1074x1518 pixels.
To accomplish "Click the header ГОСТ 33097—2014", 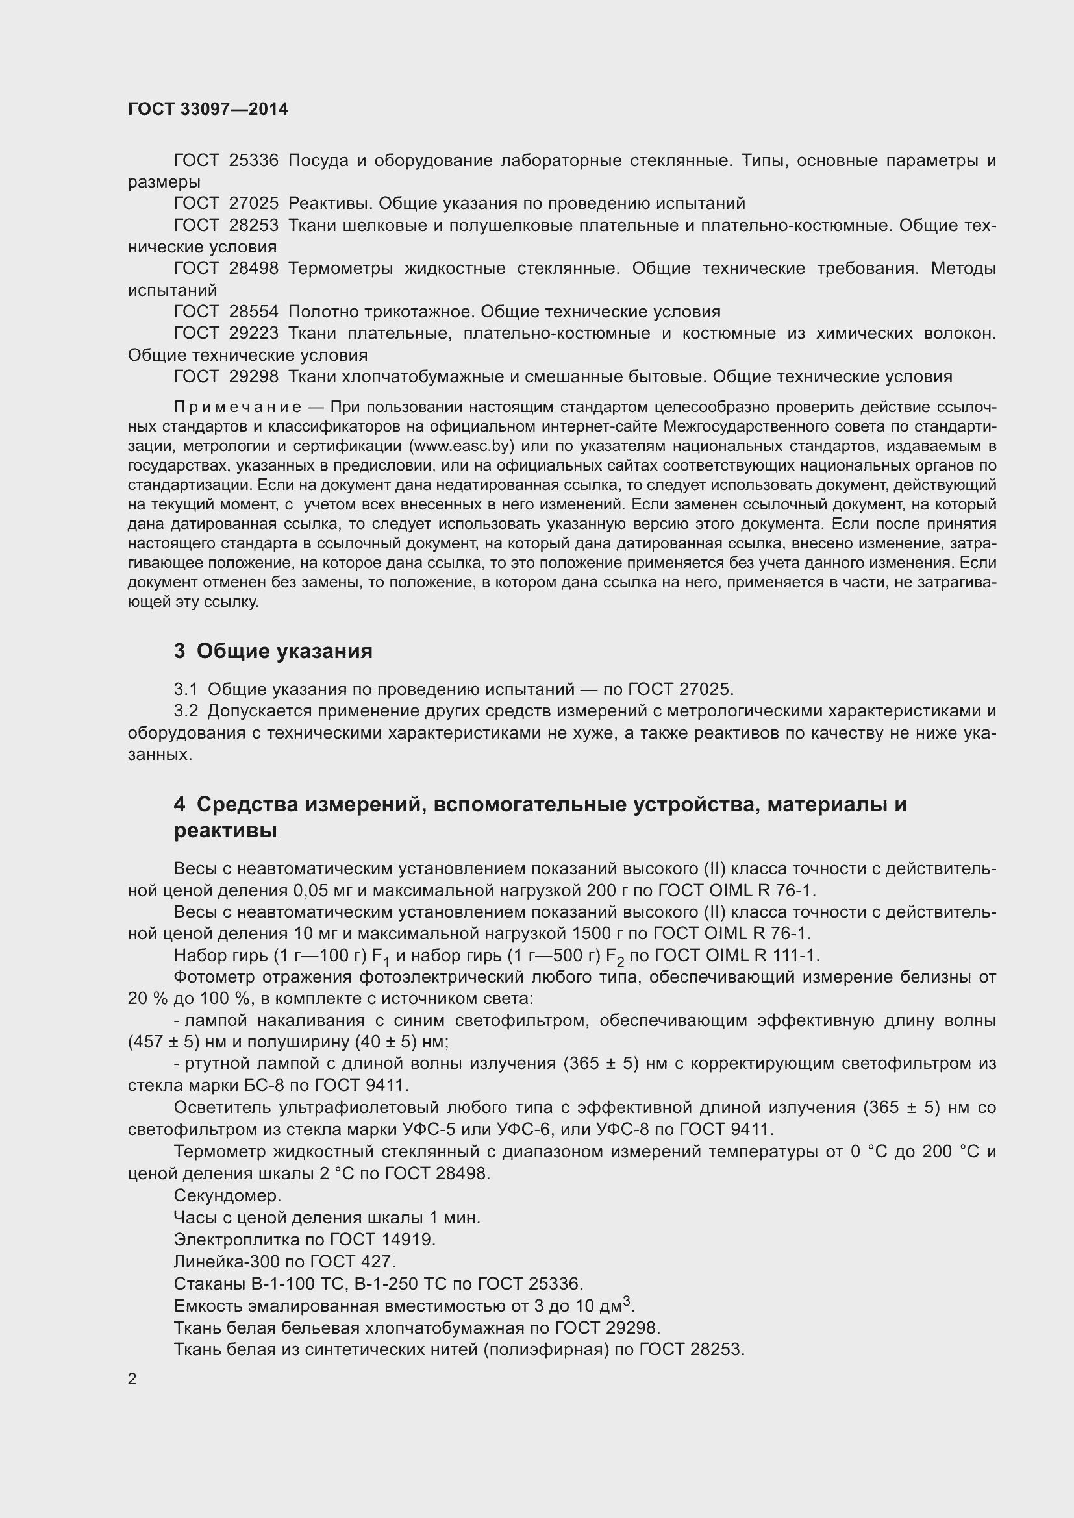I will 208,109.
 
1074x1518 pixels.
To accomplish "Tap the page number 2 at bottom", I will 132,1378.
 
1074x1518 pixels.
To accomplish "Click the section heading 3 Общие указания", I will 273,651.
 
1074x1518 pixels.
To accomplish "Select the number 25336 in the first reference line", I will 253,161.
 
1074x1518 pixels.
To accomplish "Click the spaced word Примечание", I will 238,407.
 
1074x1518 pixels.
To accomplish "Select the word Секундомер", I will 227,1195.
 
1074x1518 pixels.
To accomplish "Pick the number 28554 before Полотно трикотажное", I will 253,312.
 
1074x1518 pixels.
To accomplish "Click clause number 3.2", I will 186,711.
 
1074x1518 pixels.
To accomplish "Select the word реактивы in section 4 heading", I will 225,831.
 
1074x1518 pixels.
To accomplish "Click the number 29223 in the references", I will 253,333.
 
